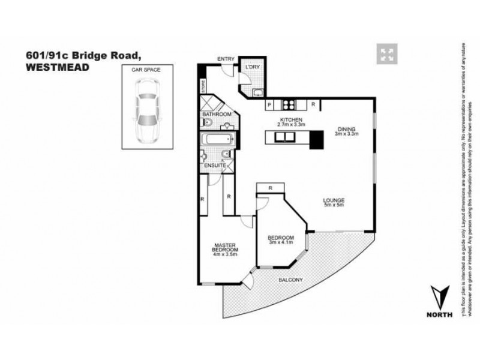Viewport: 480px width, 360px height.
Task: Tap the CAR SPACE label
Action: (146, 70)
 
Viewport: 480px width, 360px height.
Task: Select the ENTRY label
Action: (225, 58)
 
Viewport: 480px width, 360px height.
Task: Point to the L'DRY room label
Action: (251, 67)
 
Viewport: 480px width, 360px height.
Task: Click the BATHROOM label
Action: (216, 113)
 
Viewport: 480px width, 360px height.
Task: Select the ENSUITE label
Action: (214, 164)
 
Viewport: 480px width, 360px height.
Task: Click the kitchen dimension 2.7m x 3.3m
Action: (290, 125)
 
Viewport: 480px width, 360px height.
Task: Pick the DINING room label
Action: (346, 128)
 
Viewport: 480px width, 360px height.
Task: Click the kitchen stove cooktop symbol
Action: (289, 104)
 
